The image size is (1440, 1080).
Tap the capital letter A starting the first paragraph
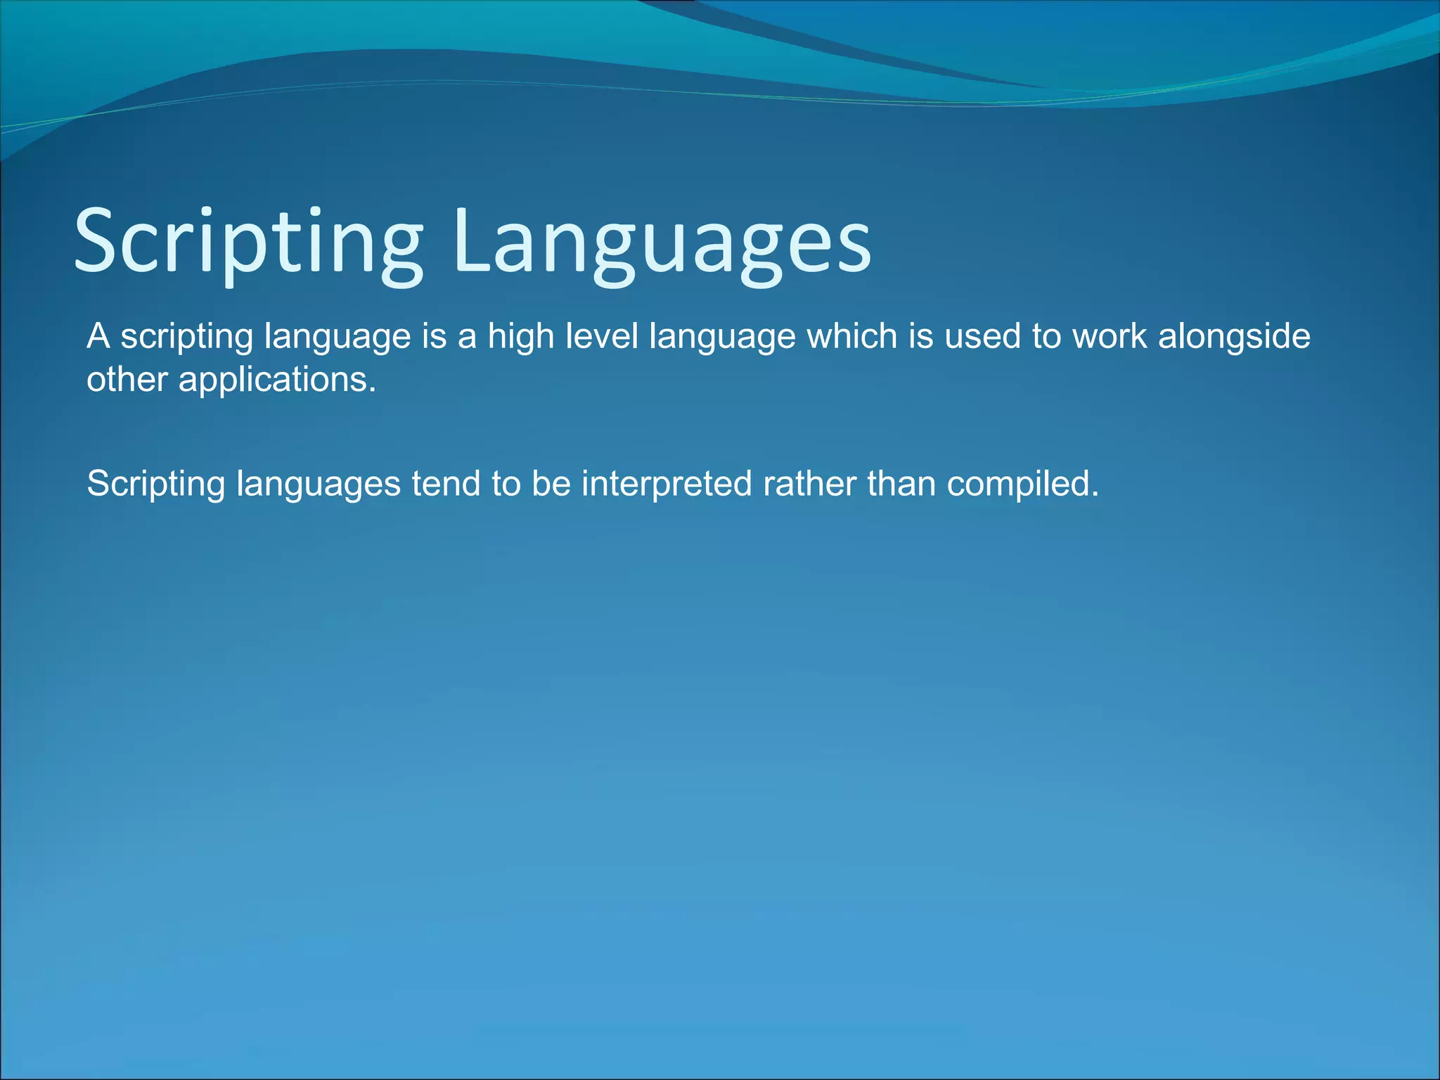coord(98,336)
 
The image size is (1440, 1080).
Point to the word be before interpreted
coord(551,484)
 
